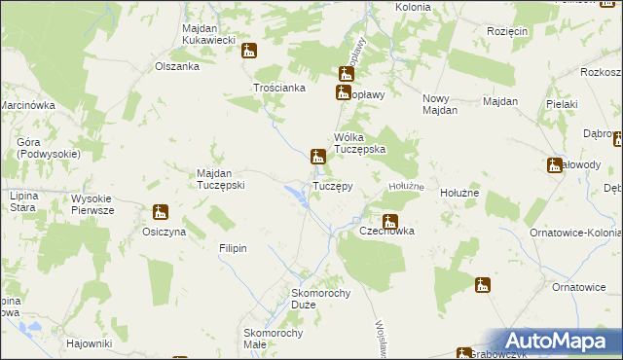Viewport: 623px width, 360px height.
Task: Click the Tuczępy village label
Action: click(x=332, y=185)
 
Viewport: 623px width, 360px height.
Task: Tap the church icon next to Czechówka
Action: click(x=390, y=221)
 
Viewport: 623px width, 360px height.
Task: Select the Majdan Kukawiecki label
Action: click(x=209, y=34)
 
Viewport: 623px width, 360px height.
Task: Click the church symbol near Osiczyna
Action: click(x=161, y=212)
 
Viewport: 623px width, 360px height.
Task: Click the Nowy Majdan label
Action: click(x=440, y=104)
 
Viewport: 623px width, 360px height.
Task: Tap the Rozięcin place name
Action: click(x=506, y=31)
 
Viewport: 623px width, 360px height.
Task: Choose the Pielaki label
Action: click(x=563, y=103)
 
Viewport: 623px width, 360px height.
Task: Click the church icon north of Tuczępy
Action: click(x=317, y=156)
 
